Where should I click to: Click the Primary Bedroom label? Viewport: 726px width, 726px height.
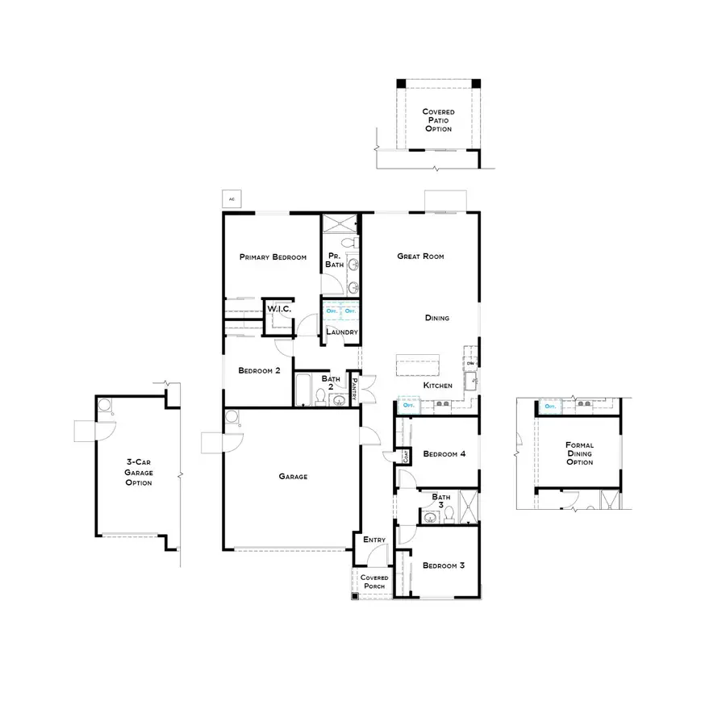pyautogui.click(x=273, y=257)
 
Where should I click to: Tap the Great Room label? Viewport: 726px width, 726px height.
pyautogui.click(x=420, y=257)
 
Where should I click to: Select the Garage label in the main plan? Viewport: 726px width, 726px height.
pyautogui.click(x=293, y=477)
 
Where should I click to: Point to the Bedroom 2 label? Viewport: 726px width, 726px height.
pyautogui.click(x=259, y=371)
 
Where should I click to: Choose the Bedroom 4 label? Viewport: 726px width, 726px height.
pyautogui.click(x=444, y=454)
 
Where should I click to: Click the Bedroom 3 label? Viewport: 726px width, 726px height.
pyautogui.click(x=444, y=565)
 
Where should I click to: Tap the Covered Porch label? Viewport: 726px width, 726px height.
pyautogui.click(x=374, y=582)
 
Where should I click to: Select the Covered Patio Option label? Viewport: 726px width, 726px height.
pyautogui.click(x=438, y=120)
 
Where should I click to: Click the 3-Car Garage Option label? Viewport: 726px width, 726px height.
pyautogui.click(x=139, y=473)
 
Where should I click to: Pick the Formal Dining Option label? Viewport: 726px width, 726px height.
pyautogui.click(x=579, y=453)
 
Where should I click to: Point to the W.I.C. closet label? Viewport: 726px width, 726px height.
pyautogui.click(x=278, y=310)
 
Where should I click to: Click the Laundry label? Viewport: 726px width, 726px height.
pyautogui.click(x=341, y=332)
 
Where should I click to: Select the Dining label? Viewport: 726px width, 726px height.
pyautogui.click(x=436, y=318)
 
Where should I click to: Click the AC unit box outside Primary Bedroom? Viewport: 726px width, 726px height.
pyautogui.click(x=232, y=198)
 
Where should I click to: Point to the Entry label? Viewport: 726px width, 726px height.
pyautogui.click(x=374, y=540)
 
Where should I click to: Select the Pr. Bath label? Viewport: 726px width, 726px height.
pyautogui.click(x=335, y=261)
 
